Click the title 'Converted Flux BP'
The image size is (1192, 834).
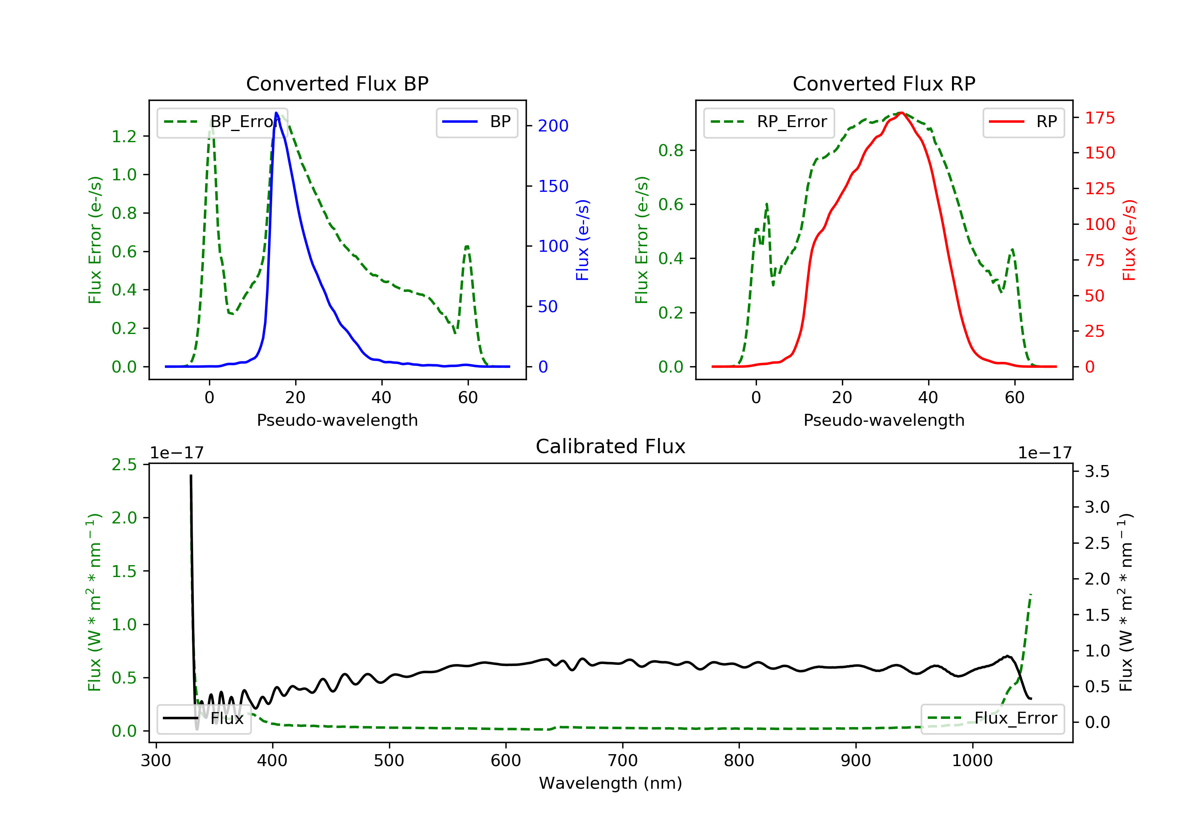pos(337,83)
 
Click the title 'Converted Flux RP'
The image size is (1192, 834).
pos(884,83)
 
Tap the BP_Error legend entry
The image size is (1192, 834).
pos(222,122)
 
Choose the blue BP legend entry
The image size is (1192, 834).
pos(476,122)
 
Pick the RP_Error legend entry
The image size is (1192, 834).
pos(769,122)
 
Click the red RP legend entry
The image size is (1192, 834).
pos(1023,122)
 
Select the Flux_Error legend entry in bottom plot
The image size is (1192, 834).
pos(992,718)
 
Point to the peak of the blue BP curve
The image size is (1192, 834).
pos(276,113)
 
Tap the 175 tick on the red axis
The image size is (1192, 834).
pos(1099,118)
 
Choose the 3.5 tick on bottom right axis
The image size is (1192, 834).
pos(1097,471)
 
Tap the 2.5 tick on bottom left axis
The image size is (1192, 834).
pos(124,465)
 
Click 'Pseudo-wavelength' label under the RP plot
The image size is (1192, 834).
pos(884,420)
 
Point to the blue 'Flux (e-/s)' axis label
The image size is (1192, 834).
pos(582,240)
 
